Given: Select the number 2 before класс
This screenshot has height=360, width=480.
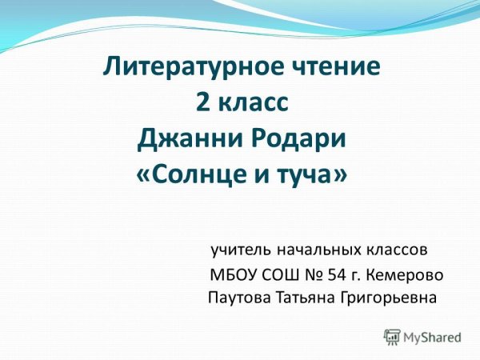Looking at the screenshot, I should click(201, 102).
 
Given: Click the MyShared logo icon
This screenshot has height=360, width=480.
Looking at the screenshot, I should click(391, 337).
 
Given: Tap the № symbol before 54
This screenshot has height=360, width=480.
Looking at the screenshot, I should click(314, 275).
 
